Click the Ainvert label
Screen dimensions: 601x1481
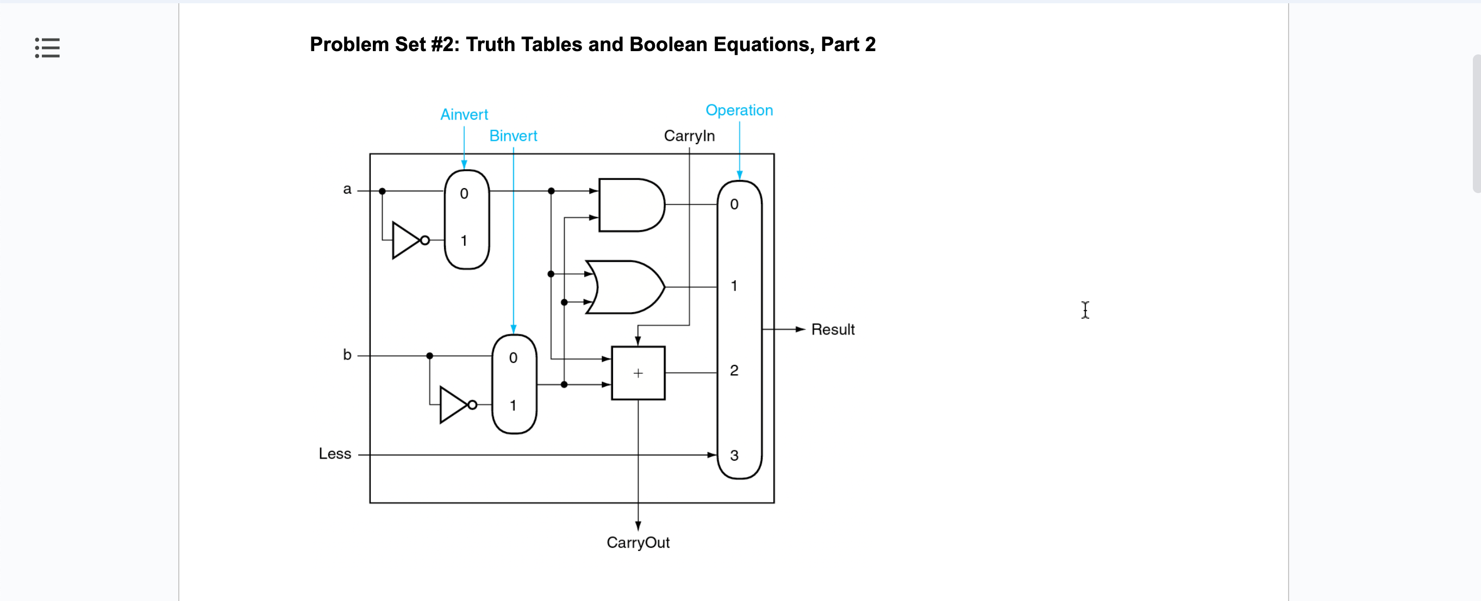coord(464,114)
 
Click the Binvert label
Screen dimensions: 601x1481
coord(513,136)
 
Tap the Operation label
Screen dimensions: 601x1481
coord(739,110)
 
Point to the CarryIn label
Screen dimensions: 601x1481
coord(689,136)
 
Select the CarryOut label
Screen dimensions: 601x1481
coord(638,542)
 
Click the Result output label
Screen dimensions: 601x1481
coord(833,330)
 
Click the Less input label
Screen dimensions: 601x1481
coord(335,454)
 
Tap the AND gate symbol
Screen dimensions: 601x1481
coord(630,205)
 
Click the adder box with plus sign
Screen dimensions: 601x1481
coord(638,373)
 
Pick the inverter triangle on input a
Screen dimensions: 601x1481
coord(407,240)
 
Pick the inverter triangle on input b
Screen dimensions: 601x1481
coord(454,405)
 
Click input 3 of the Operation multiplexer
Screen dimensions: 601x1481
coord(734,455)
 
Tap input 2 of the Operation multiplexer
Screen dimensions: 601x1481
coord(734,370)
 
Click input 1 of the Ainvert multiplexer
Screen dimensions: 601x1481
coord(464,240)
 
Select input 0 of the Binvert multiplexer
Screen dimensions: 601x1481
coord(513,358)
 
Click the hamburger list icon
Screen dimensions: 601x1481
coord(47,48)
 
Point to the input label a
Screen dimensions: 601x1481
coord(347,189)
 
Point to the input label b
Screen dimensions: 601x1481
coord(347,354)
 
